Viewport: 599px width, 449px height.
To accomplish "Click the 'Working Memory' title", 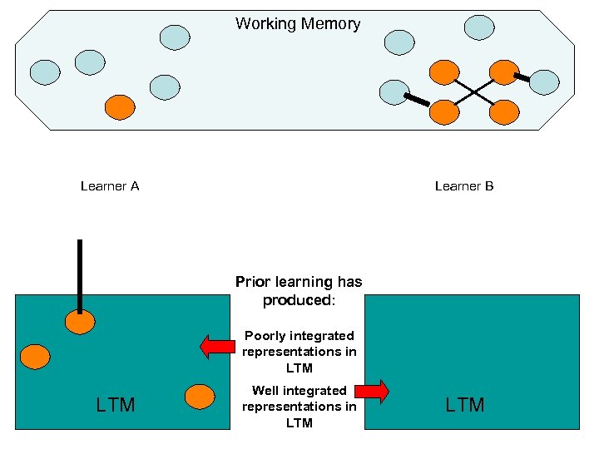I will [298, 24].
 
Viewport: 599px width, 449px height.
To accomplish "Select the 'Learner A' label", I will [110, 186].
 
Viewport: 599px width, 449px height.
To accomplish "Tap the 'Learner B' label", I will [464, 186].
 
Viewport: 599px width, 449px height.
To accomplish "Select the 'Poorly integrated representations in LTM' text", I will [299, 352].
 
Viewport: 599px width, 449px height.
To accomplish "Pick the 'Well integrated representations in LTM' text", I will [299, 407].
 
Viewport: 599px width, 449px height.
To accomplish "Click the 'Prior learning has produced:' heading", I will [299, 291].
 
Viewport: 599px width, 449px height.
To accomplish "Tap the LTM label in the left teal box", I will [116, 405].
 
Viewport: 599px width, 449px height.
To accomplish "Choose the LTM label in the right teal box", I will [465, 405].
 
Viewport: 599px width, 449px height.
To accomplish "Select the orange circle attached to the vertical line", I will [80, 322].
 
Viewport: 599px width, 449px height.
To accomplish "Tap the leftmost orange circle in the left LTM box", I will [35, 357].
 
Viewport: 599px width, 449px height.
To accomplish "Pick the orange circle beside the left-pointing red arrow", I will [200, 396].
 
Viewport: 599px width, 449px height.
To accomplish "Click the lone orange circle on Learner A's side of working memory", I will [120, 106].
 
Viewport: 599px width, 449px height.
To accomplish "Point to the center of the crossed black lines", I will [475, 91].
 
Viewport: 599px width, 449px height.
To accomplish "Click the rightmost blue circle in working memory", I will [544, 82].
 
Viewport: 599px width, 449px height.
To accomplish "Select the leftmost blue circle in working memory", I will [45, 72].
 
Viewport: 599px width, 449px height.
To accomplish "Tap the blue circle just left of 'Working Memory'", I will [175, 36].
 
